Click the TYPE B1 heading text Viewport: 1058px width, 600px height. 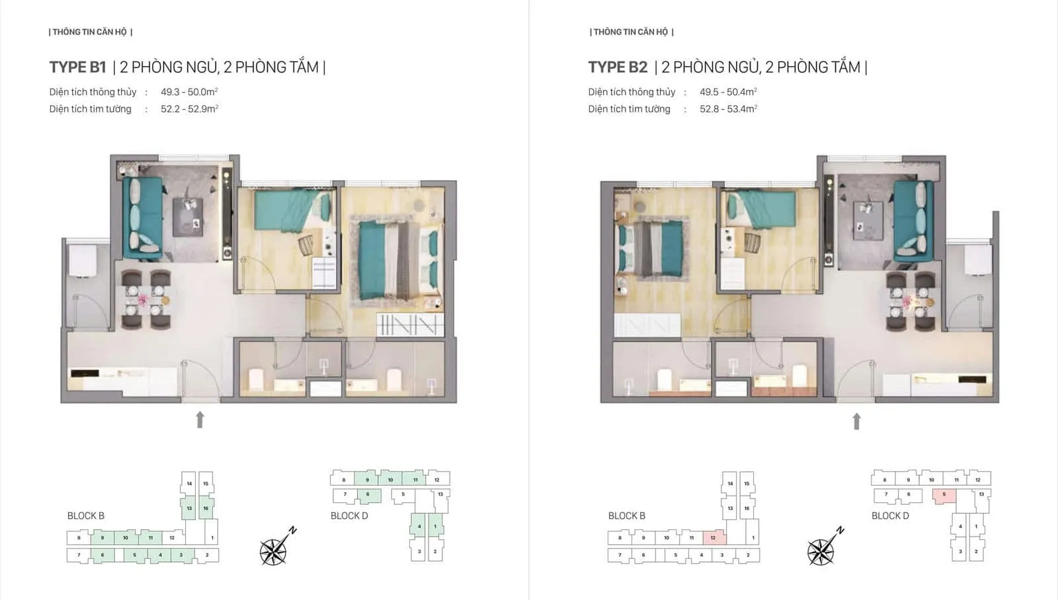click(77, 67)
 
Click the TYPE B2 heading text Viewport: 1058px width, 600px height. click(618, 67)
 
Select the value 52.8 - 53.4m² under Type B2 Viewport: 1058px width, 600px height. click(728, 109)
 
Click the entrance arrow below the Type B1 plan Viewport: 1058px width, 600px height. click(200, 420)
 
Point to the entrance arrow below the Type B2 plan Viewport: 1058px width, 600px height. click(856, 421)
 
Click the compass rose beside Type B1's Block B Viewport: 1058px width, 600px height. click(273, 550)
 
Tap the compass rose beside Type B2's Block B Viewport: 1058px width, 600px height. click(821, 550)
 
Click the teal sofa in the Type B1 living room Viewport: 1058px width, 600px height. click(142, 218)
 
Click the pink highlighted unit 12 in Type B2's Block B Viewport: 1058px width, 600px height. click(713, 537)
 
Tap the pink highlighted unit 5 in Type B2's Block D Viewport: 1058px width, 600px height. click(944, 495)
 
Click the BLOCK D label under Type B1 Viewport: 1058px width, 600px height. click(349, 515)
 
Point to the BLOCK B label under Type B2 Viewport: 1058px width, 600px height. click(626, 515)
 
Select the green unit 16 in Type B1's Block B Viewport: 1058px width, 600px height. click(206, 508)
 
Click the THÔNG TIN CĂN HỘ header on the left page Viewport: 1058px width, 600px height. click(91, 32)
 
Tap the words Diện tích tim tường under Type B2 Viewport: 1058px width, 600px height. click(629, 109)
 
